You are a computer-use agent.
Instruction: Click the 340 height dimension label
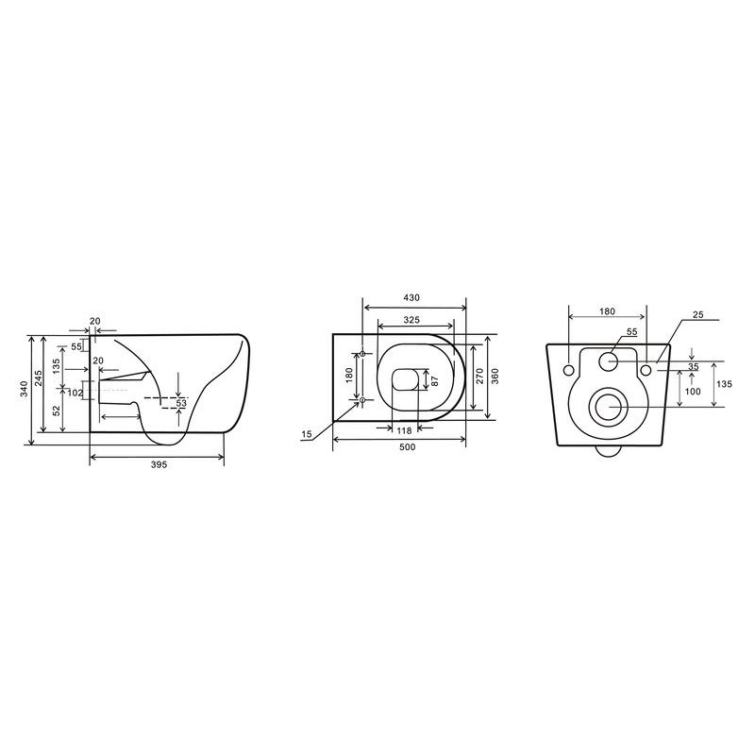25,389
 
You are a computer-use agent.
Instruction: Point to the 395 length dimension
159,464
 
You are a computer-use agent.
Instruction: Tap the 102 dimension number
75,393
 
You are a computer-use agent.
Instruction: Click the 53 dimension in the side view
180,403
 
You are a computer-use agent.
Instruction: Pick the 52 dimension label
57,411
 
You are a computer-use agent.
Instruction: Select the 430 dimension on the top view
411,297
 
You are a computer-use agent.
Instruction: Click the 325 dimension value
411,319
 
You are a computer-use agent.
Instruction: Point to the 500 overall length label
408,447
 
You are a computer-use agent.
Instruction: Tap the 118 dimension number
404,431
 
